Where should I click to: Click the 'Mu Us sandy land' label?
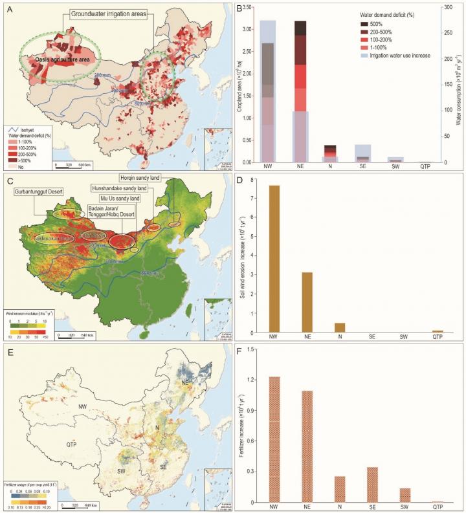click(119, 198)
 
